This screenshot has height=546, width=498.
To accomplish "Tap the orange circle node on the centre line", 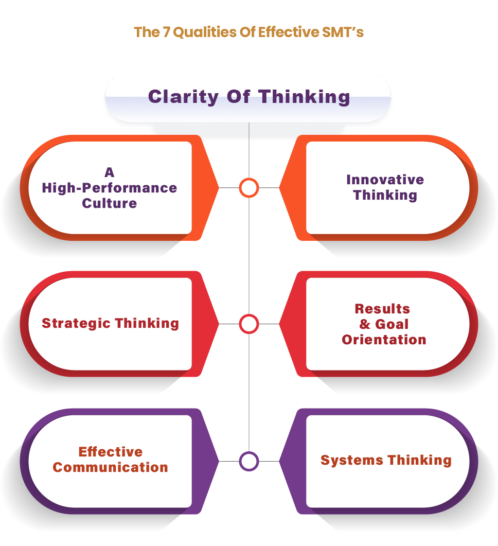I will click(x=249, y=188).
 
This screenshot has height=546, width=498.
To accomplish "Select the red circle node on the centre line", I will click(x=249, y=324).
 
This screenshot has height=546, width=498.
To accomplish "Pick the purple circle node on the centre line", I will click(x=249, y=461).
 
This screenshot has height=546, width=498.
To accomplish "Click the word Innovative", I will click(x=385, y=180).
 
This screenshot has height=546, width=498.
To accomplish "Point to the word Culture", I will click(x=110, y=203).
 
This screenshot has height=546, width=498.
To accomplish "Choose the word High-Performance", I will click(x=110, y=188).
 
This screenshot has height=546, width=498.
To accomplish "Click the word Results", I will click(x=382, y=309).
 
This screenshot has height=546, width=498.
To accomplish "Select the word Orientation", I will click(x=384, y=340).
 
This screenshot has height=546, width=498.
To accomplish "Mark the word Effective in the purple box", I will click(x=110, y=452).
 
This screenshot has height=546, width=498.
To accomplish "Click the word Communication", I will click(x=110, y=467).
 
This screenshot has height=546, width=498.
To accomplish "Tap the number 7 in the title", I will click(x=166, y=32).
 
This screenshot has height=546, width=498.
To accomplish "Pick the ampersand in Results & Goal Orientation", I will click(x=365, y=324).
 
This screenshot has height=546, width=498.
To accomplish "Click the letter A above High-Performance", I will click(x=109, y=172).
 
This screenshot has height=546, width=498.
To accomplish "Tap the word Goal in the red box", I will click(x=392, y=324).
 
